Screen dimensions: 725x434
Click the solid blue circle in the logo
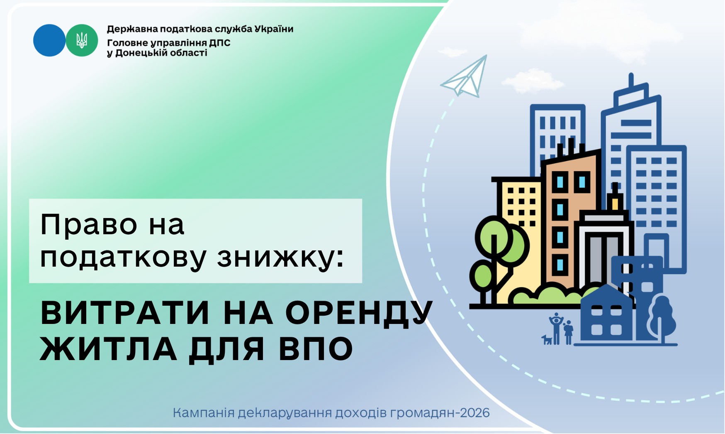tap(49, 40)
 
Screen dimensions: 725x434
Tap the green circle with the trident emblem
tap(82, 40)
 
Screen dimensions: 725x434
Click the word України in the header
tap(274, 29)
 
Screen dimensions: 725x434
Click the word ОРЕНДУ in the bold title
tap(359, 313)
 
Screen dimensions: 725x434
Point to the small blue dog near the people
tap(547, 339)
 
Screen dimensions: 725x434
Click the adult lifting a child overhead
tap(556, 329)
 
